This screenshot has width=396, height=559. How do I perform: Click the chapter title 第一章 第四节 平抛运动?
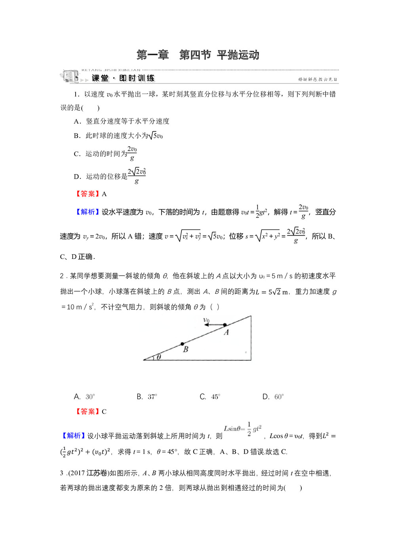pos(198,55)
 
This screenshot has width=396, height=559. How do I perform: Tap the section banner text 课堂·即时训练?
pos(123,78)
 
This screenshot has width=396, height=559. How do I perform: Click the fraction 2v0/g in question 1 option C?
pos(132,154)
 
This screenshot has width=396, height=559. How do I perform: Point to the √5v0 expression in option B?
pos(155,136)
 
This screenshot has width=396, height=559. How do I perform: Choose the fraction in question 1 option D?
pos(137,176)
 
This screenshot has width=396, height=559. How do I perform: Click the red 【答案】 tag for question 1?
pos(87,194)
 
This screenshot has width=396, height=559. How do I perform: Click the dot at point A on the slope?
pos(225,325)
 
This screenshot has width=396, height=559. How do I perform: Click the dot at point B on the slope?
pos(182,344)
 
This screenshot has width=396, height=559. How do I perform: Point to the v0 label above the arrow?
pos(206,320)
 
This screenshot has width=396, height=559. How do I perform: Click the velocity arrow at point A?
pos(214,325)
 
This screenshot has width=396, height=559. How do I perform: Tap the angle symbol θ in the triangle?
pos(158,357)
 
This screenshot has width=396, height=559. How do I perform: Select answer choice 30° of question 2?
pos(90,397)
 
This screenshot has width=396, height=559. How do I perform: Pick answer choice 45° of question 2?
pos(215,397)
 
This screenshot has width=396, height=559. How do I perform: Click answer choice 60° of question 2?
pos(279,397)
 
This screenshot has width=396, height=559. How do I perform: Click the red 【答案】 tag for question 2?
pos(87,412)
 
